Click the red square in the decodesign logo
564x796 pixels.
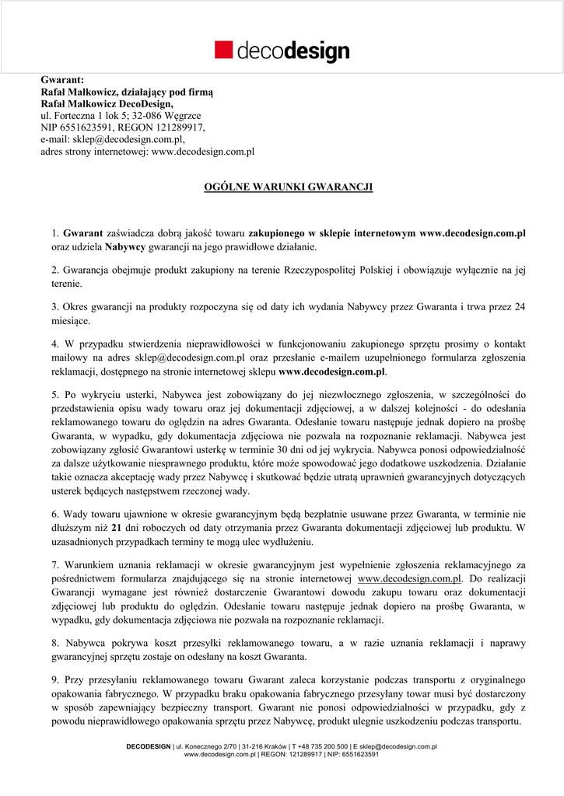(x=224, y=50)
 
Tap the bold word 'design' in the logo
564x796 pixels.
(x=317, y=52)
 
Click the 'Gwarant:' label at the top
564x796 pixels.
(x=62, y=79)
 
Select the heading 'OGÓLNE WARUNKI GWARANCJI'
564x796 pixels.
(x=288, y=187)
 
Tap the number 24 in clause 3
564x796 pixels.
(x=520, y=306)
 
